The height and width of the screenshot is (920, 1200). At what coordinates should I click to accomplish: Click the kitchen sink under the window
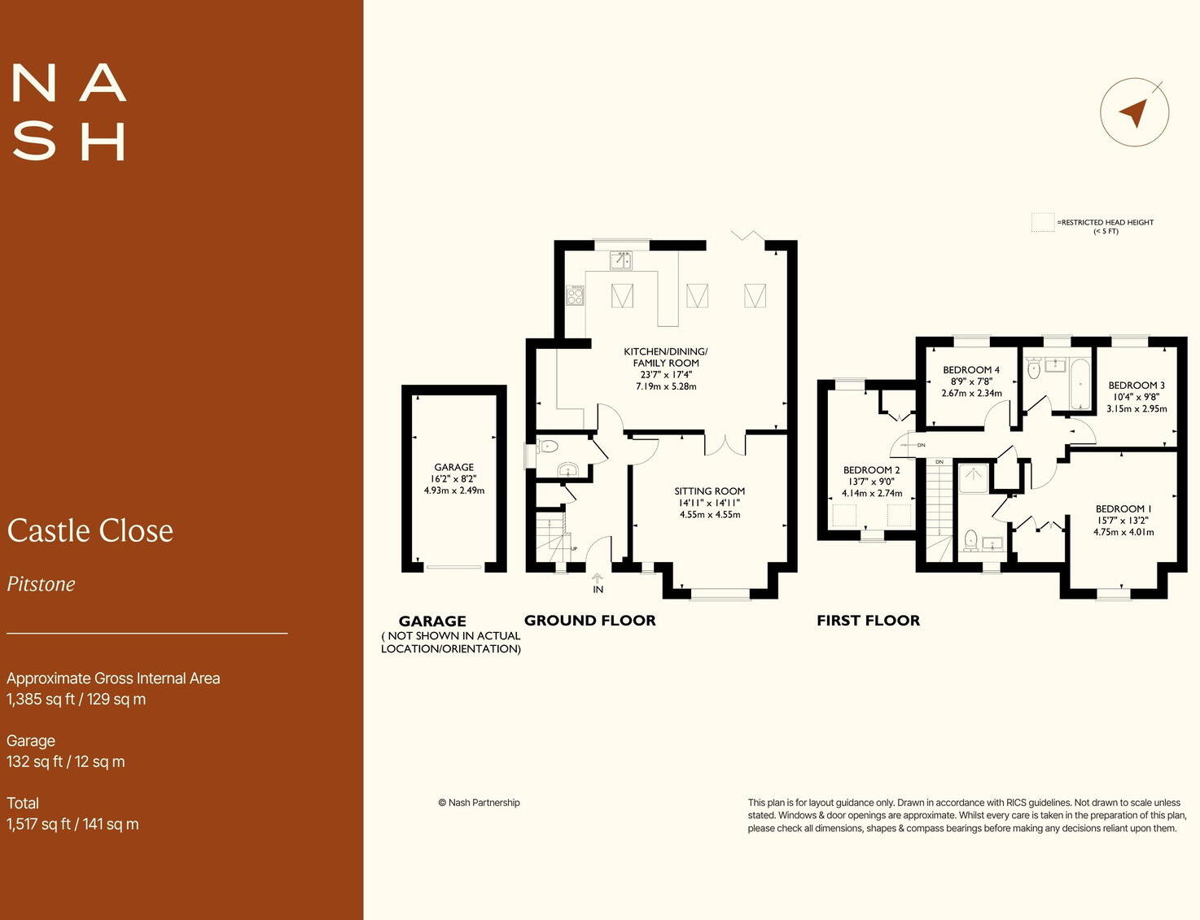(x=621, y=259)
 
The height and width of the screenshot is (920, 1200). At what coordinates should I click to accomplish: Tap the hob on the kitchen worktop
(x=576, y=295)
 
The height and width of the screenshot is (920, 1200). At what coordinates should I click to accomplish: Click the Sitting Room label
(x=709, y=491)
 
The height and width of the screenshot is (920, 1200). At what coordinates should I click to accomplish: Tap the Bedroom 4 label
(x=971, y=370)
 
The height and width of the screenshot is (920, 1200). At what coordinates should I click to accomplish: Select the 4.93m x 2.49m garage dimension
(x=453, y=491)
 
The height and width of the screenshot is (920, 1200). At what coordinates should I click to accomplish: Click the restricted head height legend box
(x=1042, y=223)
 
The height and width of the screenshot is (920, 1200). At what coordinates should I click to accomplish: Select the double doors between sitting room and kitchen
(x=725, y=444)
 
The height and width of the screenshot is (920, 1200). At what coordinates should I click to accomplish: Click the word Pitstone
(x=42, y=584)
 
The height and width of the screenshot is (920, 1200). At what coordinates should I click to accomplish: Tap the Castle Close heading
(x=90, y=531)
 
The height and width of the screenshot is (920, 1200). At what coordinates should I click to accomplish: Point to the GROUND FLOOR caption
(x=589, y=621)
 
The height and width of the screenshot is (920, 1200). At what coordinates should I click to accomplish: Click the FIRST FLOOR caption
(x=868, y=621)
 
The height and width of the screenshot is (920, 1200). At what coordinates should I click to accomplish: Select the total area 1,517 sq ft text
(x=72, y=824)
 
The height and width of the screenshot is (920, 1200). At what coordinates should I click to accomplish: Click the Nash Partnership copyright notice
(x=479, y=803)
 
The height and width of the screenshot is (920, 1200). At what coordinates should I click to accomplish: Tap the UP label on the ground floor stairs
(x=574, y=549)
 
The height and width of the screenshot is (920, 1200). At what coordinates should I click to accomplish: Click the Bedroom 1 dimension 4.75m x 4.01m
(x=1123, y=532)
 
